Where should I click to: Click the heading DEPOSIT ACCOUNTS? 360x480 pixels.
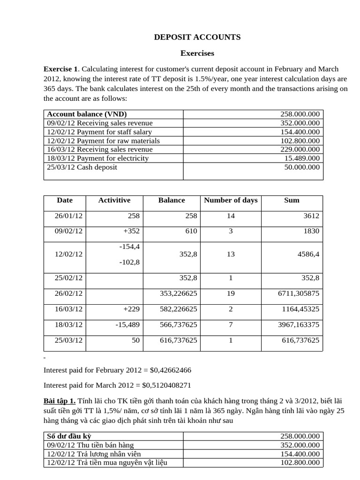coord(197,37)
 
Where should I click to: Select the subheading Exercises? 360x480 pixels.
coord(197,53)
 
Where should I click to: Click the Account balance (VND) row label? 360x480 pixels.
coord(87,114)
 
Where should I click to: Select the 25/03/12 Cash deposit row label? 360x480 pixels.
coord(82,167)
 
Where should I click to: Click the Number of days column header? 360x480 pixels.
coord(231,200)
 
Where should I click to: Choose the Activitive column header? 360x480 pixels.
coord(114,200)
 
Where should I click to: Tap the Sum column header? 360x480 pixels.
coord(292,200)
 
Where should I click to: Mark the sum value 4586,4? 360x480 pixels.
coord(306,254)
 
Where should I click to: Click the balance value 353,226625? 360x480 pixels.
coord(179,293)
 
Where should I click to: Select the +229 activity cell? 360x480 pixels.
coord(131,309)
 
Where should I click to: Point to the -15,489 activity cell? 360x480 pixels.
coord(127,324)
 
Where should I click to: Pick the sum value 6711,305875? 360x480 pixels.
coord(299,293)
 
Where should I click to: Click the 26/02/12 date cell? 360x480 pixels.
coord(68,293)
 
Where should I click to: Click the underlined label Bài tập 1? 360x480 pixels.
coord(59,402)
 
